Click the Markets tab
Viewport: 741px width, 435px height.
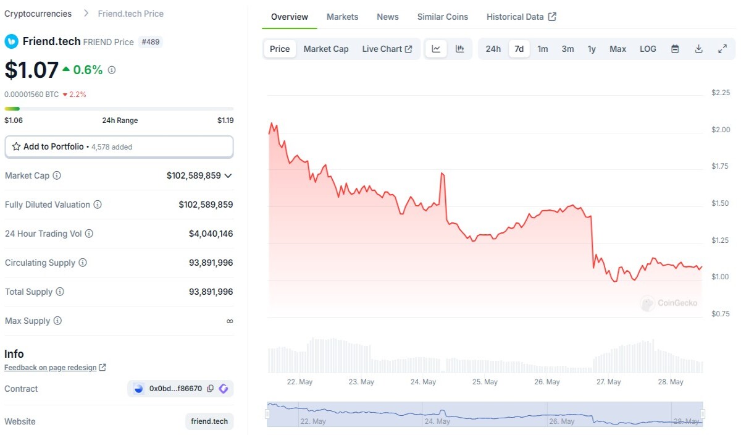click(342, 17)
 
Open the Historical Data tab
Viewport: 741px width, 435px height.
click(521, 17)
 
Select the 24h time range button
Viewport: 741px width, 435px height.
click(493, 49)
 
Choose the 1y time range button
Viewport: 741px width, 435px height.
click(592, 49)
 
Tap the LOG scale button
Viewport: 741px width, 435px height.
click(648, 49)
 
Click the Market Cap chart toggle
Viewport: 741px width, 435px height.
click(326, 49)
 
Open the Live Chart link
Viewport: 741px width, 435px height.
click(387, 49)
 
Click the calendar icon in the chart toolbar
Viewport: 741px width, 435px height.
click(675, 49)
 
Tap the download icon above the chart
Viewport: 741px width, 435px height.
click(698, 49)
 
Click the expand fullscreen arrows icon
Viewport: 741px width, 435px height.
click(722, 49)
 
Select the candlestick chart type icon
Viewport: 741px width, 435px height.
click(460, 49)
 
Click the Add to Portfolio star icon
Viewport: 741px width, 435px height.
click(16, 146)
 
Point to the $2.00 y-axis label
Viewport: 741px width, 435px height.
click(721, 129)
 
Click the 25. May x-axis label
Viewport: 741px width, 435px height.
click(485, 382)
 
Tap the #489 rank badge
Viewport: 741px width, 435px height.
click(150, 42)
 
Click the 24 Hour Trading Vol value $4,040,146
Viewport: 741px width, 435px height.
click(211, 234)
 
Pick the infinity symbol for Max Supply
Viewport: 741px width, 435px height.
click(230, 321)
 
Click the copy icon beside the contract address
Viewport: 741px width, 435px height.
click(210, 388)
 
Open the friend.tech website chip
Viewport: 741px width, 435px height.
click(209, 421)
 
